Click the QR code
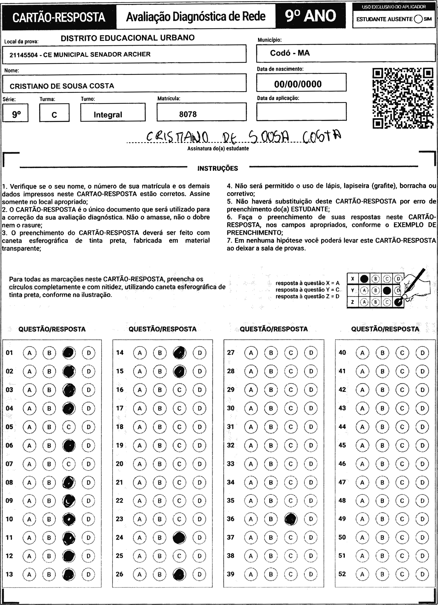point(403,98)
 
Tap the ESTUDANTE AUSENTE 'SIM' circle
point(418,19)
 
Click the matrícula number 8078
point(188,114)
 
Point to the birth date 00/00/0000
point(298,84)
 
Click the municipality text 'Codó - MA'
point(290,53)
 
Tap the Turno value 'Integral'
point(108,115)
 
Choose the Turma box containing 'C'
point(54,113)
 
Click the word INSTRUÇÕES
point(217,168)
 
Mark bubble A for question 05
point(29,427)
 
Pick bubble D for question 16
point(199,390)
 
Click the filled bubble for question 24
point(179,538)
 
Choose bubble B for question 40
point(382,353)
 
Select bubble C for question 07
point(69,464)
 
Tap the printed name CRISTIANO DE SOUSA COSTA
point(62,86)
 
